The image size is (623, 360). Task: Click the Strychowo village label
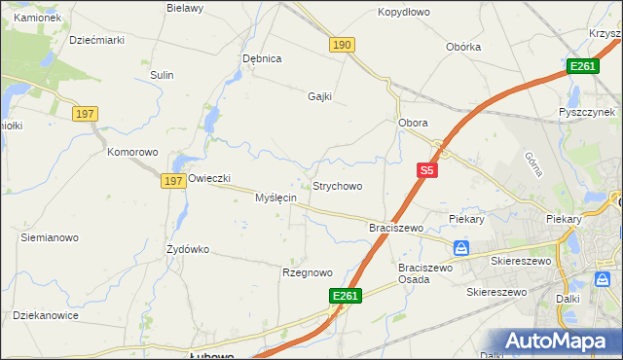tap(337, 186)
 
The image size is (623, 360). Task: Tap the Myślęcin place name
tap(275, 198)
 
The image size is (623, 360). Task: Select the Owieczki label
tap(208, 178)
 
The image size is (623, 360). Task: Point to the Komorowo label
tap(132, 153)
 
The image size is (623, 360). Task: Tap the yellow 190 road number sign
tap(342, 46)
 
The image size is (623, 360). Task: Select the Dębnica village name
tap(262, 58)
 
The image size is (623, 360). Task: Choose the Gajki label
tap(320, 96)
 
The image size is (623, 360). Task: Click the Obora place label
tap(414, 124)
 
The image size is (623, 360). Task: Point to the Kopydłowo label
tap(403, 13)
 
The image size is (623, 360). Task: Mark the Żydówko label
tap(188, 249)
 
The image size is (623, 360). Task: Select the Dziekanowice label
tap(45, 315)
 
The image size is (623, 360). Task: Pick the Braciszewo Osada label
tap(426, 273)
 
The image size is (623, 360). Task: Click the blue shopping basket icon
tap(461, 248)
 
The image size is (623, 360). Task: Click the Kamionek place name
tap(37, 18)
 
